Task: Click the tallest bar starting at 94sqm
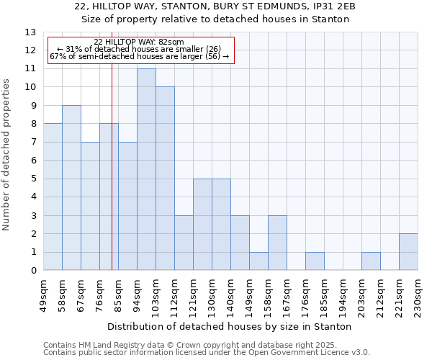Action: pos(146,169)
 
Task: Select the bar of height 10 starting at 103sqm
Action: pos(165,179)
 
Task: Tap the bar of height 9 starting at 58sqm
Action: pos(71,188)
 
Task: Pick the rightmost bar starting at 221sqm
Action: pos(408,252)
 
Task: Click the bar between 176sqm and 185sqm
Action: pos(315,261)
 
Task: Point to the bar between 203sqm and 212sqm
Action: pos(371,261)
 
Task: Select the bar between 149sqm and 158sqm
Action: pos(258,261)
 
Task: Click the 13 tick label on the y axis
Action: pos(30,32)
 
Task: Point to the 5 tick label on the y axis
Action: pos(33,179)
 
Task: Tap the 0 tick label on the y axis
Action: pos(33,271)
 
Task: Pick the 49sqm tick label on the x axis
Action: pos(43,293)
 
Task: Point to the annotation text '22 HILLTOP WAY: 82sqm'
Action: pos(139,42)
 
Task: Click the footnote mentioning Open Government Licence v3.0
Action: pos(207,352)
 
